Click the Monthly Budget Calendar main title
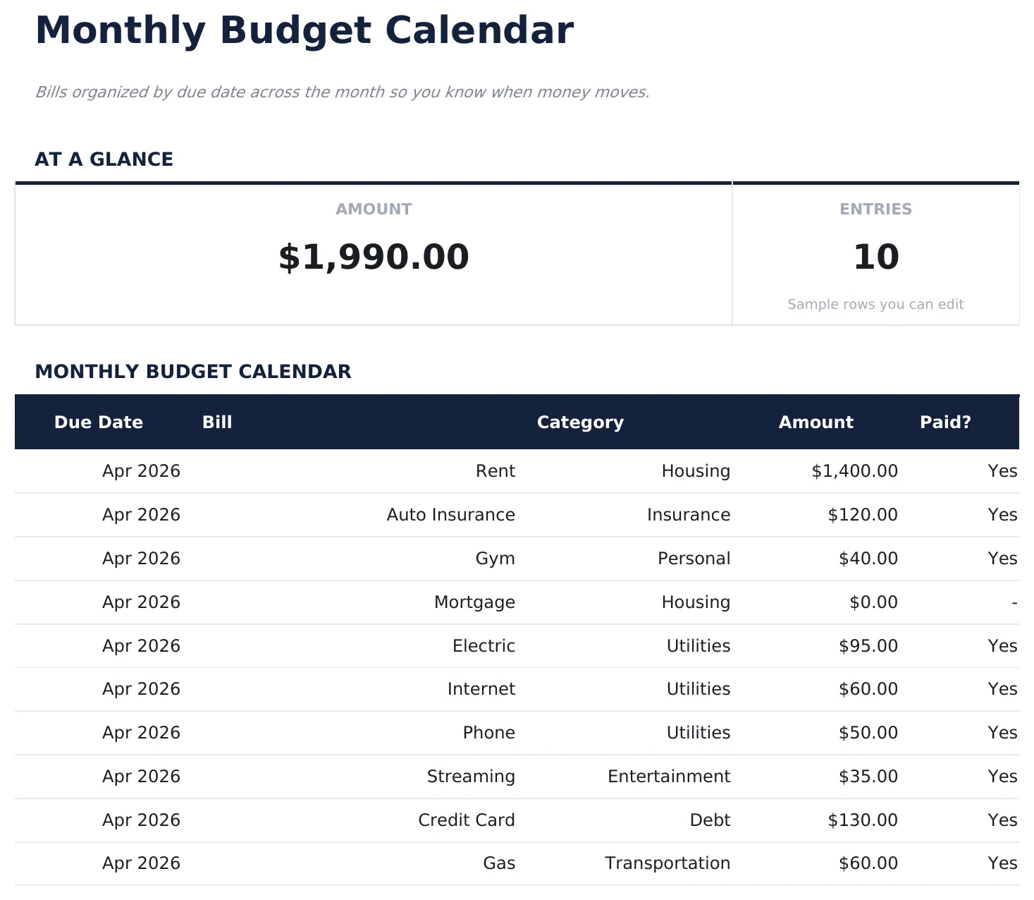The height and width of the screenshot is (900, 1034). pyautogui.click(x=304, y=31)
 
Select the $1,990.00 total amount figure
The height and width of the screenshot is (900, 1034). pyautogui.click(x=374, y=257)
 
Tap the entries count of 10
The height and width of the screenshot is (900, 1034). pyautogui.click(x=875, y=257)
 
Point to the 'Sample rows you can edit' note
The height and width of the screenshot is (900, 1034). pyautogui.click(x=875, y=305)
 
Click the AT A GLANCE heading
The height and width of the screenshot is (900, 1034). pyautogui.click(x=104, y=159)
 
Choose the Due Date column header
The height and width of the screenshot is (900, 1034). pyautogui.click(x=99, y=422)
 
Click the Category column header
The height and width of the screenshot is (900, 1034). pyautogui.click(x=580, y=422)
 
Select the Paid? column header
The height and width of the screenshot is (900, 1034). pyautogui.click(x=945, y=422)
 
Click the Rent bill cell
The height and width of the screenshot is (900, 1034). pyautogui.click(x=495, y=471)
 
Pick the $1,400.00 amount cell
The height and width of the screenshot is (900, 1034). pyautogui.click(x=854, y=471)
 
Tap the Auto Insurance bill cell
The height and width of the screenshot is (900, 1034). pyautogui.click(x=450, y=515)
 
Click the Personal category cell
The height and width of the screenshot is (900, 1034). pyautogui.click(x=694, y=559)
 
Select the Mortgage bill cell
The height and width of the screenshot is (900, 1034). pyautogui.click(x=474, y=602)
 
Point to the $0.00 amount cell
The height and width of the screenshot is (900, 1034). pyautogui.click(x=873, y=602)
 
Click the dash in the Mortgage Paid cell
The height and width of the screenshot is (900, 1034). pyautogui.click(x=1014, y=603)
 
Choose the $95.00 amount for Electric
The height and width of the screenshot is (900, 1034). pyautogui.click(x=868, y=646)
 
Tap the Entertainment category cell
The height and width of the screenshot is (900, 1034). pyautogui.click(x=668, y=777)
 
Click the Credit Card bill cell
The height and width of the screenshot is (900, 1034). pyautogui.click(x=466, y=820)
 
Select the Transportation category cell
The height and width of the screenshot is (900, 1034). pyautogui.click(x=667, y=863)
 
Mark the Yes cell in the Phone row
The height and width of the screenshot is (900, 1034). pyautogui.click(x=1002, y=733)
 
